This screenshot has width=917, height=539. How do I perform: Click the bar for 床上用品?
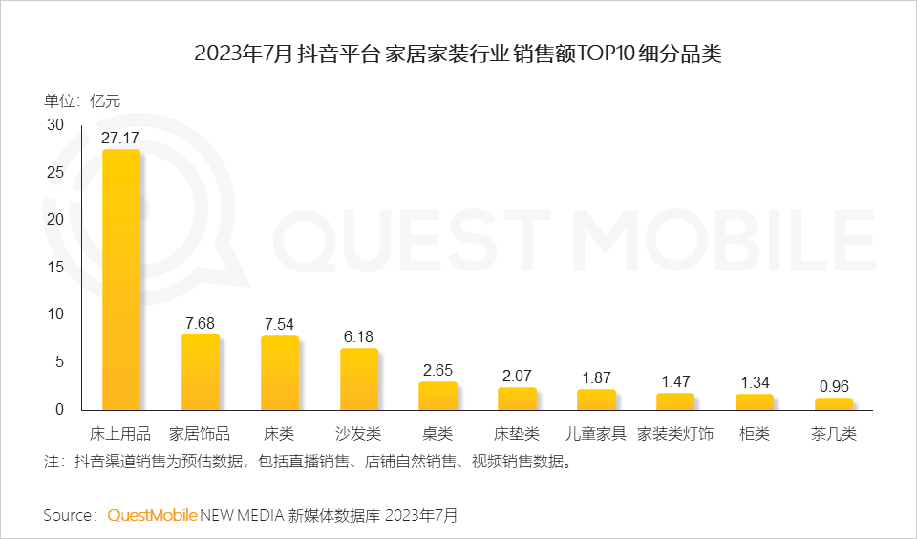(x=121, y=280)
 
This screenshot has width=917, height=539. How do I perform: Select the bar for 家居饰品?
(x=201, y=372)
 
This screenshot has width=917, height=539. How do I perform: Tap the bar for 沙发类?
(x=359, y=379)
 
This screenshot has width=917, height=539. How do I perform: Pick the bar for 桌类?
(x=438, y=396)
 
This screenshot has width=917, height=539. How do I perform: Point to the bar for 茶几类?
(x=834, y=404)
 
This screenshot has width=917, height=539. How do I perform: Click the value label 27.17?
(x=121, y=137)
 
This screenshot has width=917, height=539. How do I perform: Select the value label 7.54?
(x=280, y=323)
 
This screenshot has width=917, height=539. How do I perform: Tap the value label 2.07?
(x=517, y=375)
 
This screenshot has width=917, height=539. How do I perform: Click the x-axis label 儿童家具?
(x=596, y=434)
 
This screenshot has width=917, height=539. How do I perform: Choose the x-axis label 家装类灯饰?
(x=675, y=434)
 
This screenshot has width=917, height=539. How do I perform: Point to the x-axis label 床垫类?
(x=517, y=434)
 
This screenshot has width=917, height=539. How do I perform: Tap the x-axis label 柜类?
(x=755, y=434)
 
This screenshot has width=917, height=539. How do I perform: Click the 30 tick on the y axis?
(x=55, y=125)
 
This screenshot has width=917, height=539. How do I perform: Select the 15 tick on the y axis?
(x=55, y=268)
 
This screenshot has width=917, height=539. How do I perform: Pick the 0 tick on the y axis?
(x=59, y=410)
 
